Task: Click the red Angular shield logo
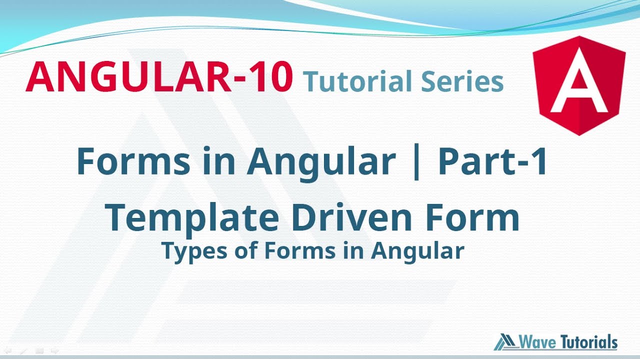tap(579, 85)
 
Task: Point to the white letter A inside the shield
tap(579, 87)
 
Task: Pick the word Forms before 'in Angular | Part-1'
tap(133, 161)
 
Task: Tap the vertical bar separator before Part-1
tap(417, 162)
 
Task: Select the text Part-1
tap(492, 161)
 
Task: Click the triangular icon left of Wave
tap(506, 342)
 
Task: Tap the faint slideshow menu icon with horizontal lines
tap(40, 351)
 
